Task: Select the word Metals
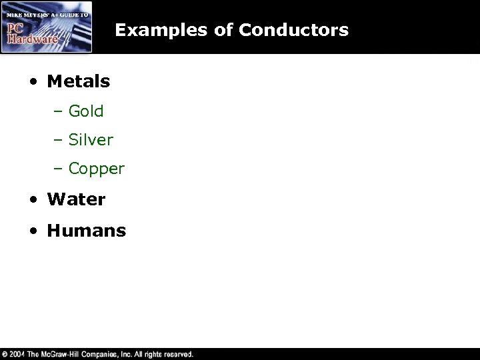click(x=78, y=82)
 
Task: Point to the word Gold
click(x=86, y=111)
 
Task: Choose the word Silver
click(x=91, y=140)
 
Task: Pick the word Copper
click(x=96, y=169)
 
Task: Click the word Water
click(x=76, y=199)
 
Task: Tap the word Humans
click(x=86, y=231)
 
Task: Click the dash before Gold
click(x=58, y=112)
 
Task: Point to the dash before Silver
click(x=58, y=141)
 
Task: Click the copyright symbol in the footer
click(x=5, y=354)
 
